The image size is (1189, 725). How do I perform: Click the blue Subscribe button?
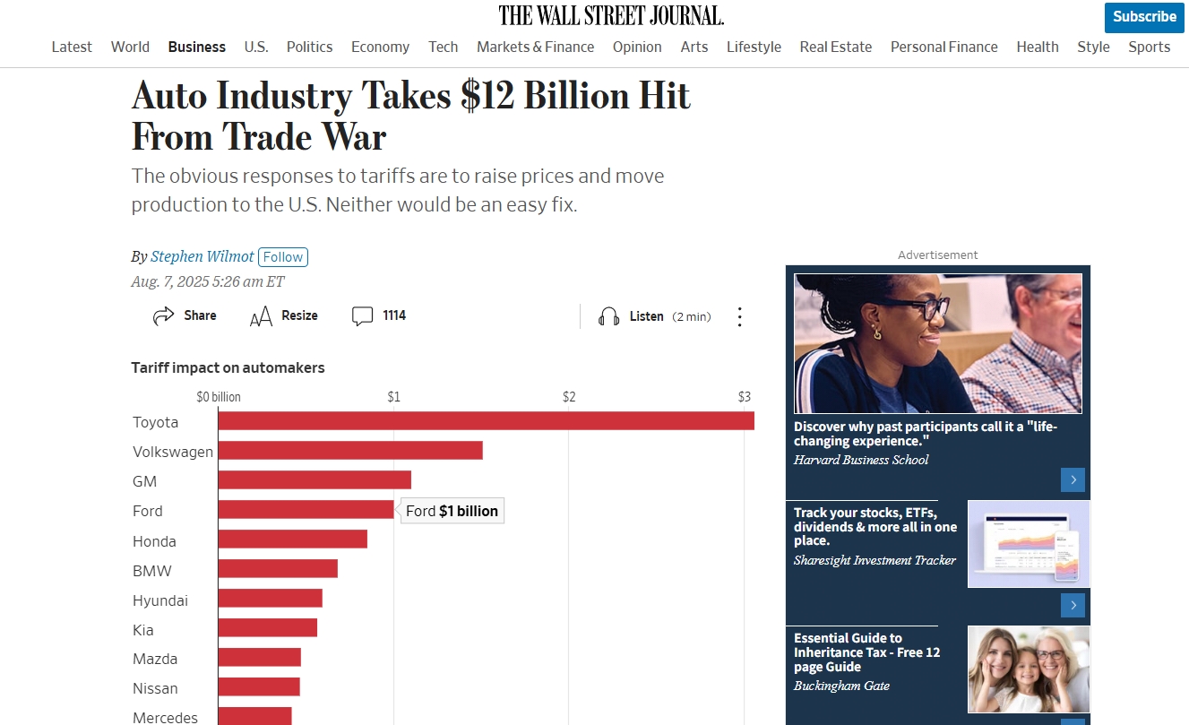(x=1144, y=17)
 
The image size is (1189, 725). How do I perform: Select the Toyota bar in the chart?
(x=485, y=421)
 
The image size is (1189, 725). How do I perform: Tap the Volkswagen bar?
(x=349, y=451)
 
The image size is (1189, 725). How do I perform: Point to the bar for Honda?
(x=292, y=539)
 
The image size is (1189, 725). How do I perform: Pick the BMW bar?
(x=277, y=569)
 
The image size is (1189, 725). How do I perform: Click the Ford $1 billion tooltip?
(x=452, y=511)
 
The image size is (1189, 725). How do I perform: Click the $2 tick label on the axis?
(x=568, y=397)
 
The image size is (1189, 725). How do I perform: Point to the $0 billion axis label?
(x=219, y=397)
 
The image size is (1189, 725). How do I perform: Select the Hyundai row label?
(x=160, y=600)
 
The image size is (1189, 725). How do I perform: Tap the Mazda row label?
(x=155, y=659)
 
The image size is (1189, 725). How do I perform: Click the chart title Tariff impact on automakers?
(x=228, y=367)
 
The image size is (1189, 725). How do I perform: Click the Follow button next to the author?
(x=283, y=257)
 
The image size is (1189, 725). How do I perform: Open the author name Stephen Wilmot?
(x=202, y=257)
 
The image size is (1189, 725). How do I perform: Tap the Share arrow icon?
(x=163, y=315)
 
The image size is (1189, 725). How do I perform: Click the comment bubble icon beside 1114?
(x=362, y=315)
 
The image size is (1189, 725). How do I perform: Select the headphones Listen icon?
(x=609, y=316)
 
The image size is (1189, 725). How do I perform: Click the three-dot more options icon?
(x=740, y=316)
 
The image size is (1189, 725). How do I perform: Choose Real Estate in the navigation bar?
(x=835, y=47)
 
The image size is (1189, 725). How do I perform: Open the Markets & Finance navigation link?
(x=535, y=47)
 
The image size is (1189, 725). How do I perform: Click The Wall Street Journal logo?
(x=611, y=15)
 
